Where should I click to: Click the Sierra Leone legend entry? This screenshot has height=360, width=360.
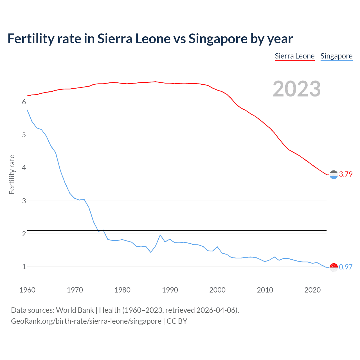click(294, 56)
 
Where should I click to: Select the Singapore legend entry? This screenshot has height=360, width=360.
click(336, 56)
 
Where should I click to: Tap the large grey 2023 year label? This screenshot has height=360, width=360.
click(297, 89)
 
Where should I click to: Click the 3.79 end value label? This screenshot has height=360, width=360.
click(346, 174)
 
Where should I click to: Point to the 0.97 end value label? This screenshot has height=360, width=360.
click(346, 267)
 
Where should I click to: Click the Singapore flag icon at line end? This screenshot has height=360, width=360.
click(334, 267)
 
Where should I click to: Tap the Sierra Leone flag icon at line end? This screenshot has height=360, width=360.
click(334, 175)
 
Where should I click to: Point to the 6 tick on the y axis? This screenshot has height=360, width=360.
click(24, 102)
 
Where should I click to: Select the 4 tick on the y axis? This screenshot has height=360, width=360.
click(24, 168)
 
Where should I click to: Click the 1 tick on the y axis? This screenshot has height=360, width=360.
click(24, 267)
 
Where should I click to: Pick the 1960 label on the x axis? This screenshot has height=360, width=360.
click(27, 290)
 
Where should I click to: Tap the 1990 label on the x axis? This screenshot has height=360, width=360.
click(170, 290)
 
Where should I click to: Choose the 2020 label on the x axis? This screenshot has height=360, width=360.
click(312, 290)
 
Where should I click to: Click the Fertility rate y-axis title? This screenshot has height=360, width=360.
click(12, 174)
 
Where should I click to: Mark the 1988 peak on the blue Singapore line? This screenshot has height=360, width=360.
click(160, 235)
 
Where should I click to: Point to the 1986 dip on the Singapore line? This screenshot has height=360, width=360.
click(151, 252)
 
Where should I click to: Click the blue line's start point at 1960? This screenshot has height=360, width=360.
click(27, 110)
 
